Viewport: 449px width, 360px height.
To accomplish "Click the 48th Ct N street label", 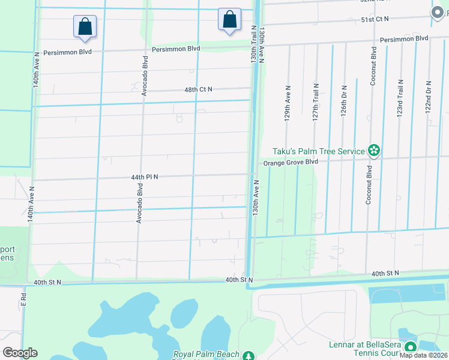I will pos(198,89).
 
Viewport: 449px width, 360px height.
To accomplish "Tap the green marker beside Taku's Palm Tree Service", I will pos(375,151).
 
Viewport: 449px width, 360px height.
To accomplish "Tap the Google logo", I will pos(20,353).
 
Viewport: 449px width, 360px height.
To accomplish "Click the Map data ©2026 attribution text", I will pos(423,355).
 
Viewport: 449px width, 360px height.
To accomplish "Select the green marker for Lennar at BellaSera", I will pos(411,347).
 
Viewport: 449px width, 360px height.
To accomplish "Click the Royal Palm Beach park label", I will pos(206,355).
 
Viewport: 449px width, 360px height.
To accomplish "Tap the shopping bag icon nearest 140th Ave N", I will pos(85,26).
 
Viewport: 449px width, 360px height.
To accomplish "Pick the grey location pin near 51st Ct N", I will pos(437,12).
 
